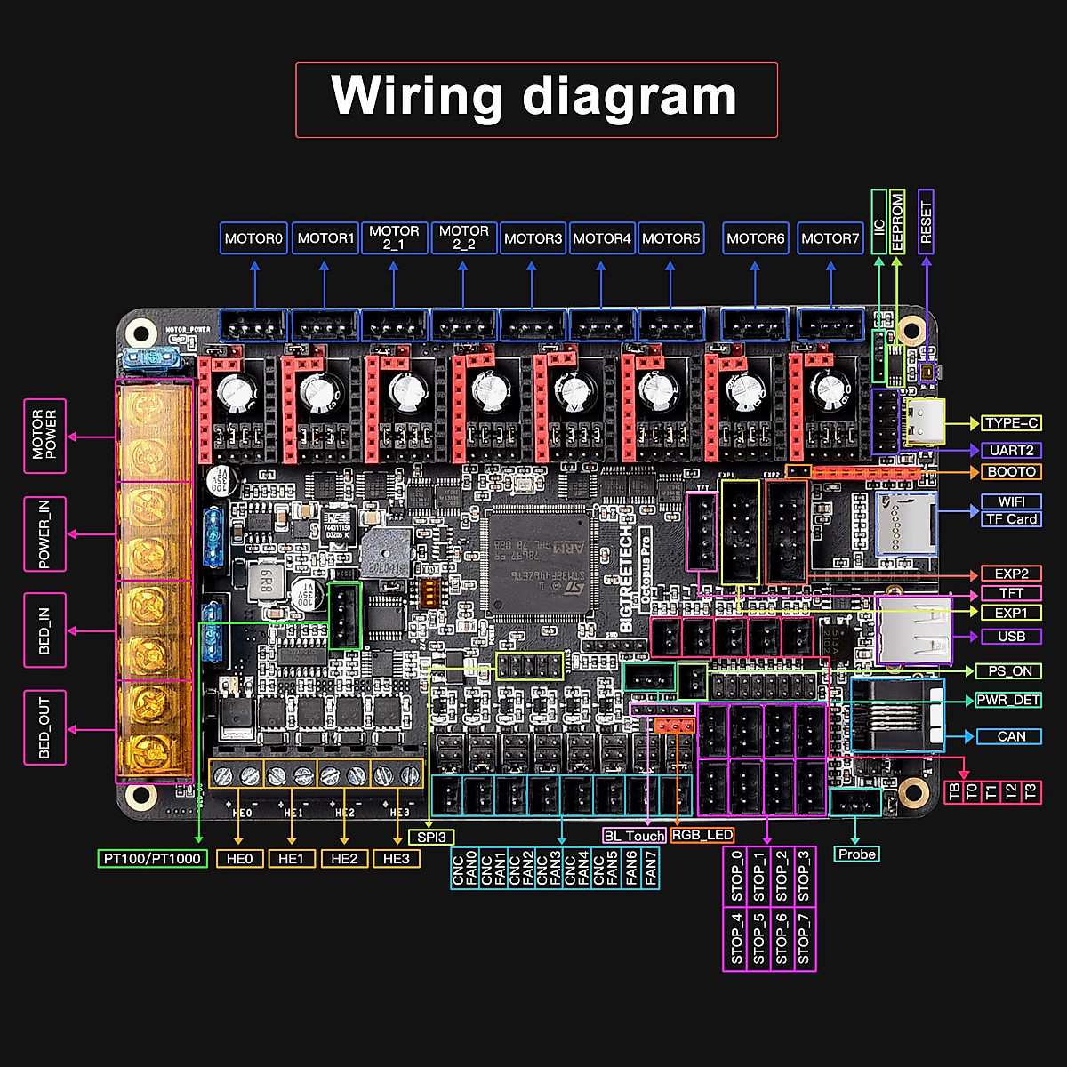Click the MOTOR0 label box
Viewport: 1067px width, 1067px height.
pyautogui.click(x=253, y=238)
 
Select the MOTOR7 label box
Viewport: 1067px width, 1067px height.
pyautogui.click(x=830, y=238)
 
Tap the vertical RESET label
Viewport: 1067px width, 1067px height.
pyautogui.click(x=926, y=221)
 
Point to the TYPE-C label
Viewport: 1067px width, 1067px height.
pyautogui.click(x=1011, y=423)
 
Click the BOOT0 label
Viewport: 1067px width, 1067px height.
pyautogui.click(x=1011, y=471)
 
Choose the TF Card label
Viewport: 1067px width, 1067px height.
pyautogui.click(x=1011, y=519)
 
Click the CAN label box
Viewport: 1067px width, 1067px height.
pyautogui.click(x=1011, y=736)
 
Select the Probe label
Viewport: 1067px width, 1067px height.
pyautogui.click(x=856, y=854)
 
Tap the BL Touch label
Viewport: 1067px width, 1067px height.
pyautogui.click(x=634, y=836)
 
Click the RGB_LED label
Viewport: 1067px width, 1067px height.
pyautogui.click(x=702, y=835)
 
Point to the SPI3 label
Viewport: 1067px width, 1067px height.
pyautogui.click(x=431, y=837)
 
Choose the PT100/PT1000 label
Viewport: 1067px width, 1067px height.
pyautogui.click(x=152, y=859)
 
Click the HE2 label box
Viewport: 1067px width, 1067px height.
pyautogui.click(x=344, y=859)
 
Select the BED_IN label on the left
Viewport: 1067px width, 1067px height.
pyautogui.click(x=44, y=630)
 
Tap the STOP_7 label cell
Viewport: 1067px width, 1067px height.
pyautogui.click(x=804, y=939)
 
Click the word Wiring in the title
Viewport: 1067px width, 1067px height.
pyautogui.click(x=418, y=95)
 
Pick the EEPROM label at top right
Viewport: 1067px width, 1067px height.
pyautogui.click(x=897, y=221)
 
